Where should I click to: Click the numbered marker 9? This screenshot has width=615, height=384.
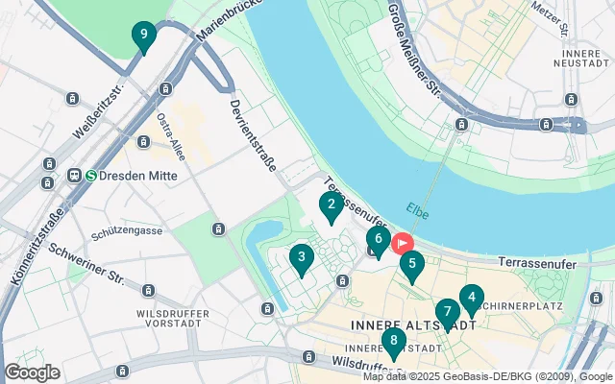(143, 37)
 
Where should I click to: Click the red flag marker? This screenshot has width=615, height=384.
(401, 244)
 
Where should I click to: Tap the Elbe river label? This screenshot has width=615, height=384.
(417, 211)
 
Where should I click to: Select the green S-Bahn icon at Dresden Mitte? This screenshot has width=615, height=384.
(92, 176)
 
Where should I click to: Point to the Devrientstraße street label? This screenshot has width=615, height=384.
(253, 133)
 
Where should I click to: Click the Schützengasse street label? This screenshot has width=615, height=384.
(125, 233)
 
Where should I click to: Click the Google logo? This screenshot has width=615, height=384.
(33, 372)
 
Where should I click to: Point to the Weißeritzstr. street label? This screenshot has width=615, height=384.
(105, 98)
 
